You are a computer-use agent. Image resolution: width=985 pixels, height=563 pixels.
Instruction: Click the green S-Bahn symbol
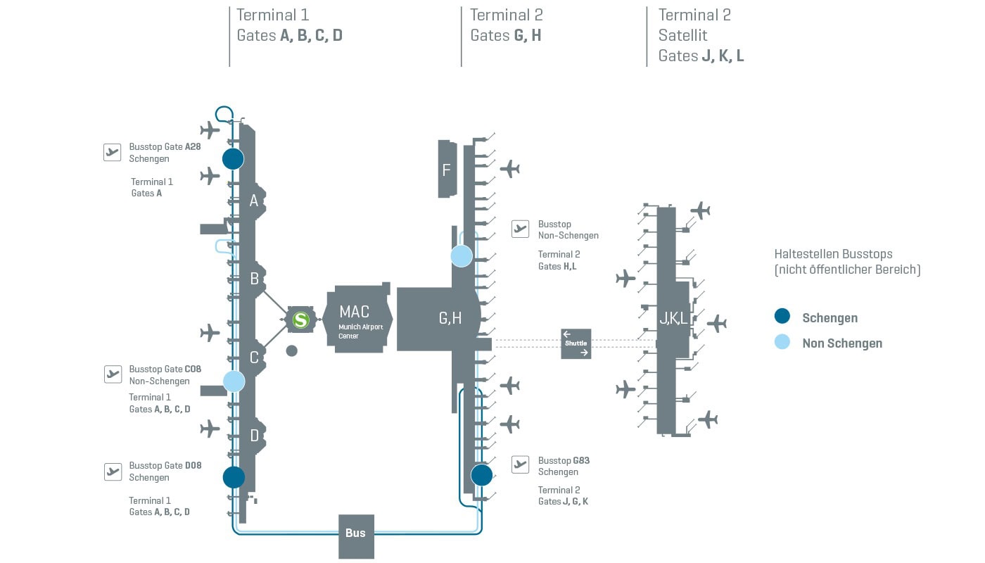pos(301,320)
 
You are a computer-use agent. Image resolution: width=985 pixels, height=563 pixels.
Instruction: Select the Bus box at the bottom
pos(356,534)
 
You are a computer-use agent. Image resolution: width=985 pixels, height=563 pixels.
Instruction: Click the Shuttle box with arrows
pos(576,343)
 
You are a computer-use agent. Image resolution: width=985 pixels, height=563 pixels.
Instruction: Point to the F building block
pos(447,169)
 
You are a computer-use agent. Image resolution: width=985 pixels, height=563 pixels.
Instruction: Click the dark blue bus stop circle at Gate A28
pos(233,158)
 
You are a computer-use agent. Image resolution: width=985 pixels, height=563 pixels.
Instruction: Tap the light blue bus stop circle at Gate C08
pos(234,381)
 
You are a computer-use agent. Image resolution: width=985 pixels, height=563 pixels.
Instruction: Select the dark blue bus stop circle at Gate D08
pos(234,477)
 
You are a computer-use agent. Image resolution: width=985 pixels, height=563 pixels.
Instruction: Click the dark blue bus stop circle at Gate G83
pos(482,475)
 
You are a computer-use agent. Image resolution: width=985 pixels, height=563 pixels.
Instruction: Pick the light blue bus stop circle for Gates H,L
pos(462,256)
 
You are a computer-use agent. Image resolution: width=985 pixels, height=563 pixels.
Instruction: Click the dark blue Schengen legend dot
pos(782,317)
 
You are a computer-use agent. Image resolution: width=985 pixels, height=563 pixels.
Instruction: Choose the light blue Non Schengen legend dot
pos(782,343)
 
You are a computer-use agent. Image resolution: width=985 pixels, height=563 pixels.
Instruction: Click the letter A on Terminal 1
pos(254,201)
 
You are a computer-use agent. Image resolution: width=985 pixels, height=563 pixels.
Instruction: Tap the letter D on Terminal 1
pos(255,436)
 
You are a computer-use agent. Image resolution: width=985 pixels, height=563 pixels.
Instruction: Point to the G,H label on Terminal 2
pos(450,319)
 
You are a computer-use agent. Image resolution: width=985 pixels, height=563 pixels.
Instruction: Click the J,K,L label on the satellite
pos(673,319)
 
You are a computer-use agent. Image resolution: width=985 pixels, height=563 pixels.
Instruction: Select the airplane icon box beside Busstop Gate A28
pos(113,152)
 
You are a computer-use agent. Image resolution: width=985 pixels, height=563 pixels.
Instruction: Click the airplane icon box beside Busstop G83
pos(520,464)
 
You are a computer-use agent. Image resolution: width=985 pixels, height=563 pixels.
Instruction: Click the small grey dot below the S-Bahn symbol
pos(292,350)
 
